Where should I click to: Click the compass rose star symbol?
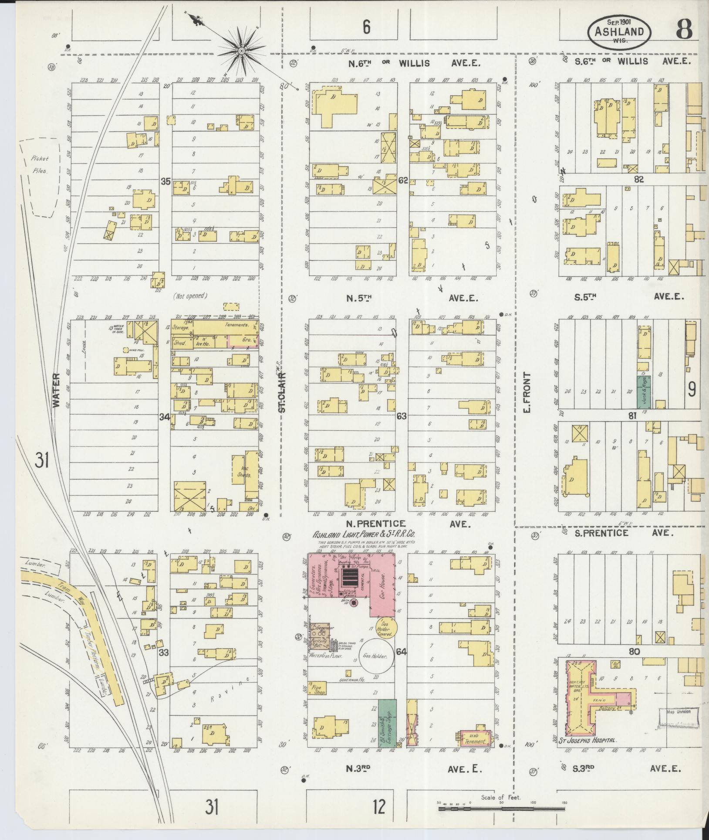(x=240, y=51)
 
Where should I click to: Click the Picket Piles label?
(x=40, y=165)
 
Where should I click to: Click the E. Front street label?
(x=527, y=392)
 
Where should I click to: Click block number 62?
(x=402, y=180)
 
